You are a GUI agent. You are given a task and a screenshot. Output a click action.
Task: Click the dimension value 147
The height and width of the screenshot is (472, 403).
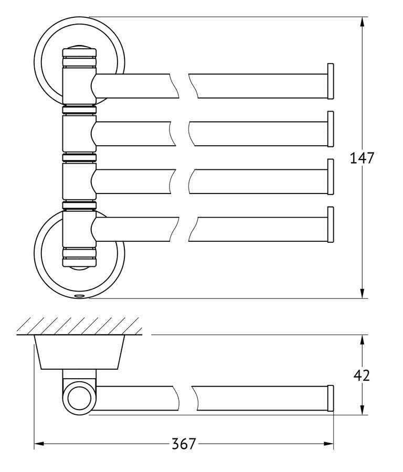point(362,158)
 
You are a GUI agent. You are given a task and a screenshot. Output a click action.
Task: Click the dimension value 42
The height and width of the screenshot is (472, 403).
point(362,376)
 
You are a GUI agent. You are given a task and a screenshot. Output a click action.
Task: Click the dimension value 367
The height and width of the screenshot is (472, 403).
point(184,443)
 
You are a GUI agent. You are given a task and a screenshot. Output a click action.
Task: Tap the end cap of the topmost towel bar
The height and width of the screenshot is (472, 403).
point(331,81)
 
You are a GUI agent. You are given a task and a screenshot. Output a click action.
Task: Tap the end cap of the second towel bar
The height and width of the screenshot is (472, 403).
point(331,129)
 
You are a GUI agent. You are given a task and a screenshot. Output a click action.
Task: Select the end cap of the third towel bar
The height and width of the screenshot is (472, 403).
point(331,177)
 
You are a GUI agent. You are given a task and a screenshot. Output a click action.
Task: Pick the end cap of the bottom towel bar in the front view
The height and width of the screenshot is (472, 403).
point(331,224)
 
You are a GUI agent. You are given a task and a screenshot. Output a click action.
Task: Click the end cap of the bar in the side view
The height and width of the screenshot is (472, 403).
point(331,398)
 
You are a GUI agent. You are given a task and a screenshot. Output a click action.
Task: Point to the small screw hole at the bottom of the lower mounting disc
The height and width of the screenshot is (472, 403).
point(80,296)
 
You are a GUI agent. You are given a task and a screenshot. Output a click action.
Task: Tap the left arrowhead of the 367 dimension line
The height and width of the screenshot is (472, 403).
point(39,444)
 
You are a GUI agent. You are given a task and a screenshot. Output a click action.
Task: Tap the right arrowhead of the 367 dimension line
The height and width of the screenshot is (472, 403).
point(328,444)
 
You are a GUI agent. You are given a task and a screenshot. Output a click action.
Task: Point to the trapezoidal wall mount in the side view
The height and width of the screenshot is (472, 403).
point(80,352)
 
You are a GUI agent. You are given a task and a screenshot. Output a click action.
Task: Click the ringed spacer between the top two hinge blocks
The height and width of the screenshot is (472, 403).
point(79,110)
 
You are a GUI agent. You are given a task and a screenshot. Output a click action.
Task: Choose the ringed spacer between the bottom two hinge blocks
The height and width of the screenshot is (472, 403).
point(79,205)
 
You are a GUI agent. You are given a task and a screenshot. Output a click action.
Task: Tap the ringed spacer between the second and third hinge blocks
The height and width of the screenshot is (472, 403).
point(79,157)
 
